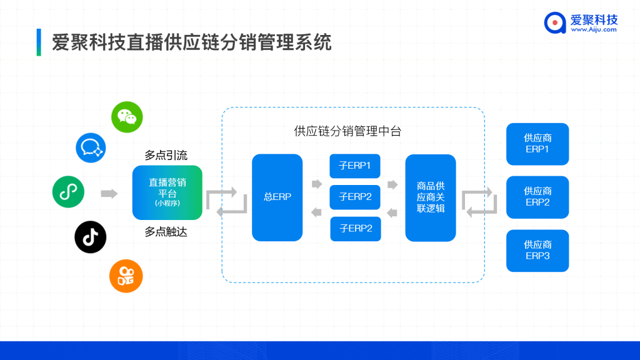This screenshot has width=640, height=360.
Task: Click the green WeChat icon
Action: click(127, 117)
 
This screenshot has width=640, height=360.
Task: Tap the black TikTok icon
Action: click(91, 237)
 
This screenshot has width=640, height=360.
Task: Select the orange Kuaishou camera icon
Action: click(126, 276)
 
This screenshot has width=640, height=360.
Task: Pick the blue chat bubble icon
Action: click(92, 147)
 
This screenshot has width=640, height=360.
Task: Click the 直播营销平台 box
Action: click(167, 192)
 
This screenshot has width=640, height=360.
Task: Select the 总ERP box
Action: click(277, 197)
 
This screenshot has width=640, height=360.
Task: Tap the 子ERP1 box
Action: click(355, 166)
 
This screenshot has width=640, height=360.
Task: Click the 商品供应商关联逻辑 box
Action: click(431, 197)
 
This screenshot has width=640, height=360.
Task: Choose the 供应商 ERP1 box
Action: click(537, 144)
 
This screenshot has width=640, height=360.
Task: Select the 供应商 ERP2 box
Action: click(537, 197)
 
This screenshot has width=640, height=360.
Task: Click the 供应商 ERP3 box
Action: click(537, 251)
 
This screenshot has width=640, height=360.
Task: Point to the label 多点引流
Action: click(166, 155)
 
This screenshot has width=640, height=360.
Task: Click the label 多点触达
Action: click(166, 232)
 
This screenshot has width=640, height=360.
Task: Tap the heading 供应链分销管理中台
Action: click(347, 131)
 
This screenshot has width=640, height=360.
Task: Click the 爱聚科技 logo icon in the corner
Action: click(554, 22)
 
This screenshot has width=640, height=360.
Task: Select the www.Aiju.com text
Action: click(594, 29)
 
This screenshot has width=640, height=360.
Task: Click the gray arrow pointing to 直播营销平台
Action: click(109, 194)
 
